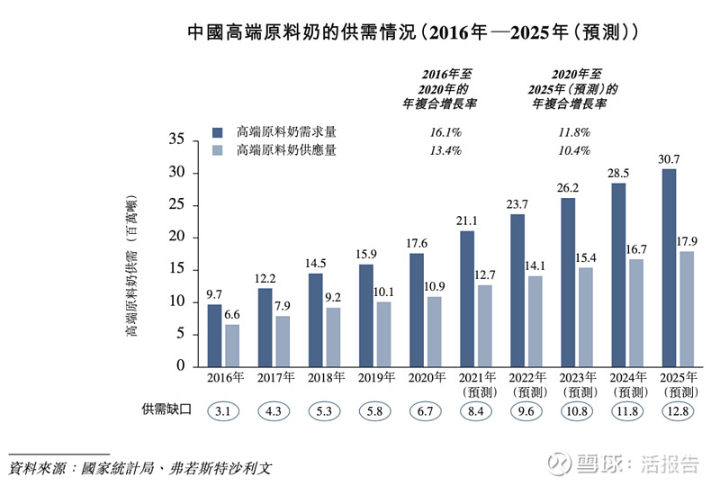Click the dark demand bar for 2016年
214,335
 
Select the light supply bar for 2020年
434,331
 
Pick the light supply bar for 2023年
585,317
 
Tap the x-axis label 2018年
326,378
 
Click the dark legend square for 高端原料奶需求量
217,131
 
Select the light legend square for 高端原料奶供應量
217,150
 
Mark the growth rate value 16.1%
445,131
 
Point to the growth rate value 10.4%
574,150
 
